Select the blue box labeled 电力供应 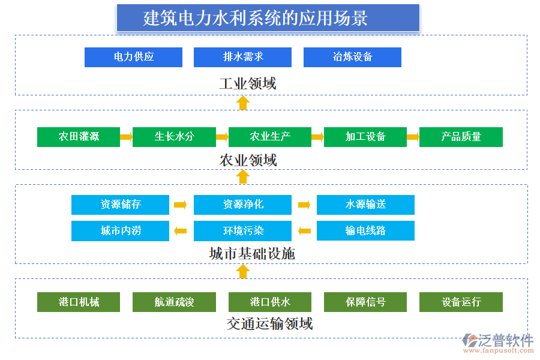(x=133, y=57)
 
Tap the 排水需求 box (x=242, y=57)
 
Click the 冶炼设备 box (x=352, y=57)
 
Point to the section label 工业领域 (x=247, y=83)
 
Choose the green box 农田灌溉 (x=79, y=137)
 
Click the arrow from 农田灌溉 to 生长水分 (x=126, y=137)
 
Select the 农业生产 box (x=270, y=137)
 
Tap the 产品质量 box (x=461, y=137)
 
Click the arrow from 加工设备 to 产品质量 (x=412, y=137)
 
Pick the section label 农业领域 (x=248, y=160)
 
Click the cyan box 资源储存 (x=120, y=205)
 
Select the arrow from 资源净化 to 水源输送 (x=304, y=205)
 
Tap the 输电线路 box (x=365, y=230)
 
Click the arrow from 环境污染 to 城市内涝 (x=181, y=230)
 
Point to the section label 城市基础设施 (x=252, y=254)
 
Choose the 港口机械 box (x=79, y=302)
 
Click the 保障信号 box (x=365, y=302)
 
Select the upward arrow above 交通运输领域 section (x=243, y=272)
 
